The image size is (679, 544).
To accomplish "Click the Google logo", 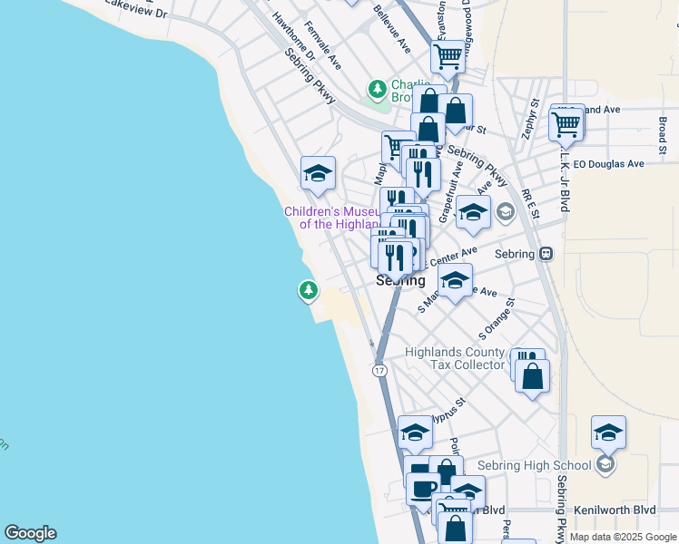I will tap(30, 533).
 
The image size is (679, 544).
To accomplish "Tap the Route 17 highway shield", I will tap(379, 371).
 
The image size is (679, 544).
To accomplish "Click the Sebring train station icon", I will tap(546, 254).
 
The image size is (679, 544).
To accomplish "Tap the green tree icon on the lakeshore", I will tap(309, 290).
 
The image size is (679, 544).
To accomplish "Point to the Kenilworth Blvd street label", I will tap(620, 510).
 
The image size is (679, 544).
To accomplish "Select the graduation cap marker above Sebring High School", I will tap(608, 432).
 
